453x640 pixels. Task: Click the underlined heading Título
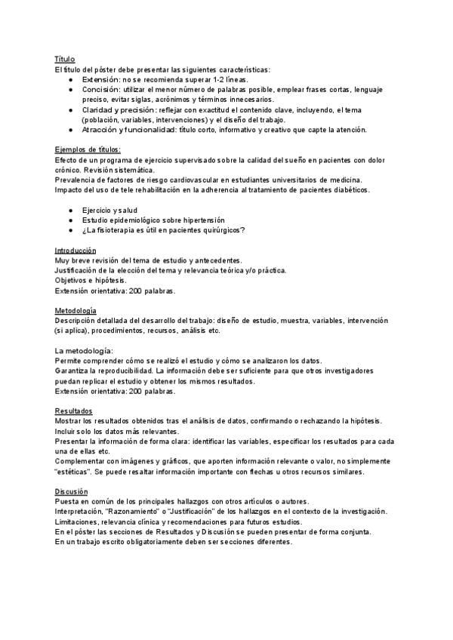point(65,59)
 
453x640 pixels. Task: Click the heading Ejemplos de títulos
point(88,149)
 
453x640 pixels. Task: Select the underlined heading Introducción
point(76,250)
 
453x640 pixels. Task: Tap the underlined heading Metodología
point(75,310)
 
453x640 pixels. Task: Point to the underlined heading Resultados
point(73,411)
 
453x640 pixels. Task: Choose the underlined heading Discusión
point(71,491)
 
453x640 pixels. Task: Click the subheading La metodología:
point(84,350)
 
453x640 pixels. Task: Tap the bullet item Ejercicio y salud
point(109,209)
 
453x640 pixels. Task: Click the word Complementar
point(82,461)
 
